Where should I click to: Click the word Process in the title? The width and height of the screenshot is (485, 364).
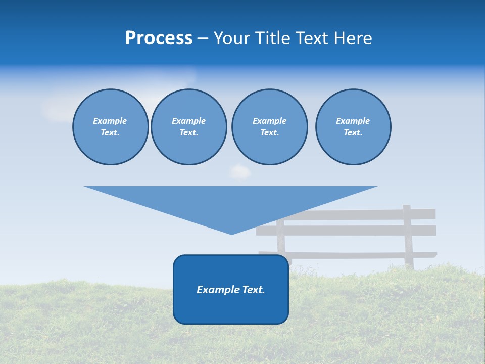(x=159, y=38)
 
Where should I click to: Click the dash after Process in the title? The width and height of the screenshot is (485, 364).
(x=203, y=39)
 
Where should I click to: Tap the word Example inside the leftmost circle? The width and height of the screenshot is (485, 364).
(x=110, y=121)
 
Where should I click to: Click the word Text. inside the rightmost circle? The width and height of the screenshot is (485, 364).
(x=353, y=132)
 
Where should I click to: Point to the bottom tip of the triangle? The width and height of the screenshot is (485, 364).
(x=231, y=234)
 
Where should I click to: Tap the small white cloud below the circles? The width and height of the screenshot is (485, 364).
(x=240, y=172)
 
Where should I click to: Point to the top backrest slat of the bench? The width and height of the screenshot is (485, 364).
(x=359, y=214)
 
